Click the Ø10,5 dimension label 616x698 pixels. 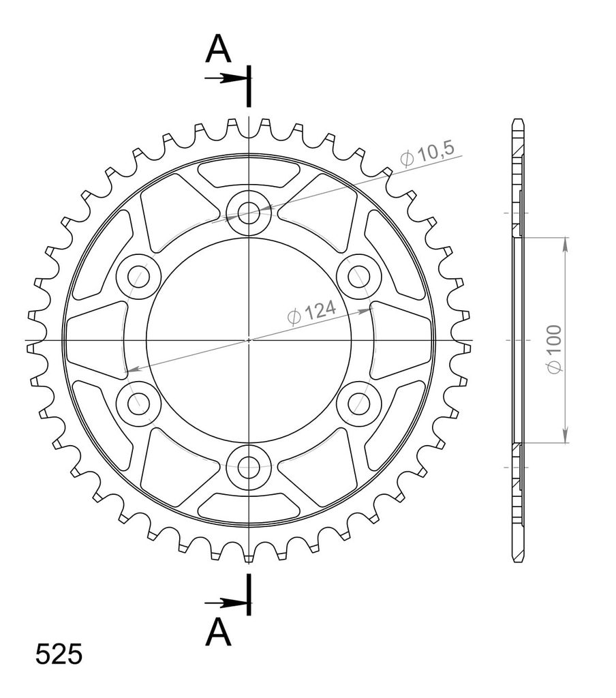click(427, 154)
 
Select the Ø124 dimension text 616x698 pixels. click(311, 312)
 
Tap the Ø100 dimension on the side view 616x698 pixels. click(555, 349)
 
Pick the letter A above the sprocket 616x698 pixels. click(218, 48)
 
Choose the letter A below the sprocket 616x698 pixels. click(218, 632)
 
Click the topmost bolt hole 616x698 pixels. click(249, 213)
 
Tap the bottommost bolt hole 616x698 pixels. click(249, 467)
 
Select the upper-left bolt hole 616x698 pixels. click(138, 277)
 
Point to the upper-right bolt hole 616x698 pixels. click(358, 277)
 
